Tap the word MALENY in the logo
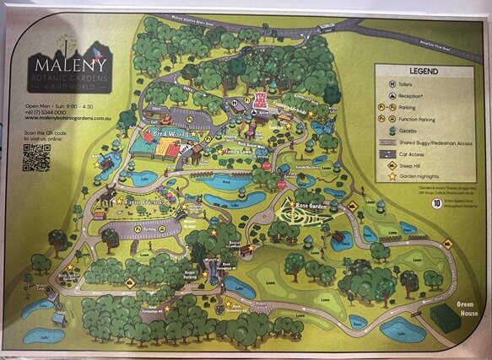tap(65, 62)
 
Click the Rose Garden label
tap(312, 205)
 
